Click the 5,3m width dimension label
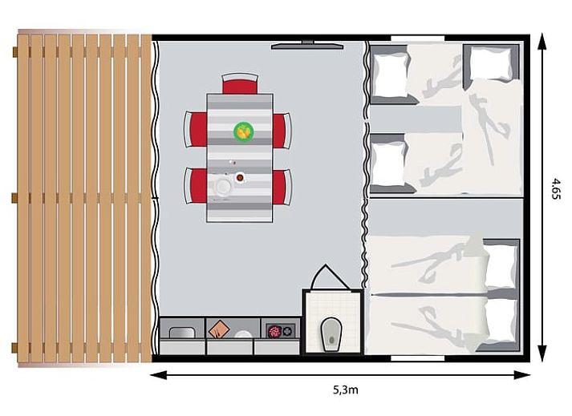pyautogui.click(x=346, y=390)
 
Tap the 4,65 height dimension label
pyautogui.click(x=556, y=188)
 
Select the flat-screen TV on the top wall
pyautogui.click(x=307, y=45)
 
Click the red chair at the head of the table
pyautogui.click(x=240, y=84)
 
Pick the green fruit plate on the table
pyautogui.click(x=244, y=131)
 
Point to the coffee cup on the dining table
pyautogui.click(x=240, y=178)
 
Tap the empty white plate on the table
pyautogui.click(x=222, y=186)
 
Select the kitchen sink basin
pyautogui.click(x=182, y=333)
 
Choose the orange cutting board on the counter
pyautogui.click(x=219, y=329)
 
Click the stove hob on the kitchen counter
pyautogui.click(x=281, y=331)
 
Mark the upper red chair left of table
pyautogui.click(x=196, y=129)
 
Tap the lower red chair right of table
pyautogui.click(x=282, y=187)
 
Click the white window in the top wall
pyautogui.click(x=418, y=38)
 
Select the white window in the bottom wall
pyautogui.click(x=418, y=358)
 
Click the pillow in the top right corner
pyautogui.click(x=492, y=64)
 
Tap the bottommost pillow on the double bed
pyautogui.click(x=502, y=320)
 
